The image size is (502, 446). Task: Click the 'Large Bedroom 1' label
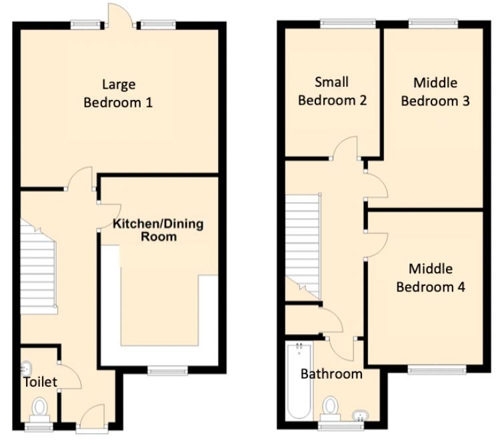118,93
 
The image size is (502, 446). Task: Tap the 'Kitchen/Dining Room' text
158,230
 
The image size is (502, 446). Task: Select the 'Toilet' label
41,382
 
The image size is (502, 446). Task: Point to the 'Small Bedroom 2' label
332,91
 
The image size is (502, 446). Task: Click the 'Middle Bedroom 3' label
435,92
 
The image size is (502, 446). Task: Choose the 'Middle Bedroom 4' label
431,278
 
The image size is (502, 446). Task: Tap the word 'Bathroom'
331,374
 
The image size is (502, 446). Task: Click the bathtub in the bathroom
299,381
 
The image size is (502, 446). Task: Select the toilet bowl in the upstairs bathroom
331,409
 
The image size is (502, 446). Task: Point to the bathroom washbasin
361,416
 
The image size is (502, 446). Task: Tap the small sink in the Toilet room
26,369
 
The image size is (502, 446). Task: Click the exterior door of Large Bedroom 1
121,15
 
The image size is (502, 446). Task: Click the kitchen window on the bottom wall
167,371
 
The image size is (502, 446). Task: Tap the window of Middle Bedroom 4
437,370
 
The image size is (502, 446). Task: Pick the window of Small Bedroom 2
348,24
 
